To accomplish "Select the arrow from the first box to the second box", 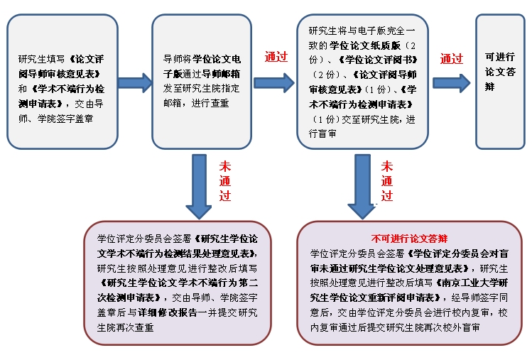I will pos(134,82).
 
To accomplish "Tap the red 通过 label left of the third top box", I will pos(276,57).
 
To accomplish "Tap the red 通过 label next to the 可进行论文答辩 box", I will pos(452,59).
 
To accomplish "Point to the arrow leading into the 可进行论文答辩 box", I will pos(451,82).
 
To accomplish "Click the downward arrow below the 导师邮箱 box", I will pos(198,187).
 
